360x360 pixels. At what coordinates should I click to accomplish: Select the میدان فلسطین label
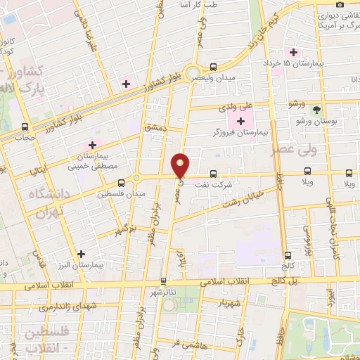131,193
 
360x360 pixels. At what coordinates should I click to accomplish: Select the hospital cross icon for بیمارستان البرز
82,254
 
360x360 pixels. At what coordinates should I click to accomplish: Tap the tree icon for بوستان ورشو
316,110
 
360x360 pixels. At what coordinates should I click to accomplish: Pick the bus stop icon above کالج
288,255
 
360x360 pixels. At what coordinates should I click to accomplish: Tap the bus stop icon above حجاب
26,127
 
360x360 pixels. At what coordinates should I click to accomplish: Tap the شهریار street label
231,304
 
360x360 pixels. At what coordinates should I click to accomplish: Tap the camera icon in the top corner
340,4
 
